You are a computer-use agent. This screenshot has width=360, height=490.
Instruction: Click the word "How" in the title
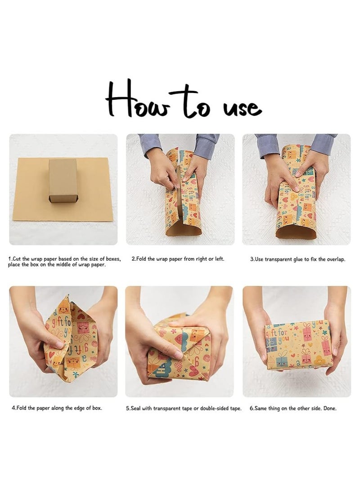[138, 99]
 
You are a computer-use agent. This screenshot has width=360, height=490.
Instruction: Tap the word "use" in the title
[243, 108]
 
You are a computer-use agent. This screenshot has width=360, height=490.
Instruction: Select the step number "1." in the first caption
[10, 259]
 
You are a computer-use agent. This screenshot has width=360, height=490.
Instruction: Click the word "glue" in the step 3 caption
[297, 259]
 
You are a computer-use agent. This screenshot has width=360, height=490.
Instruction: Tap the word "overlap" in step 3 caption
[335, 259]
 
